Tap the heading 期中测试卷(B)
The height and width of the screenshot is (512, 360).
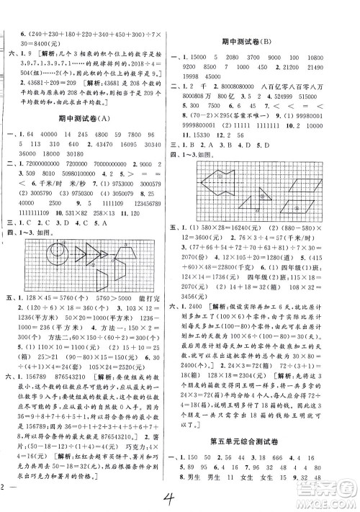click(268, 43)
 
